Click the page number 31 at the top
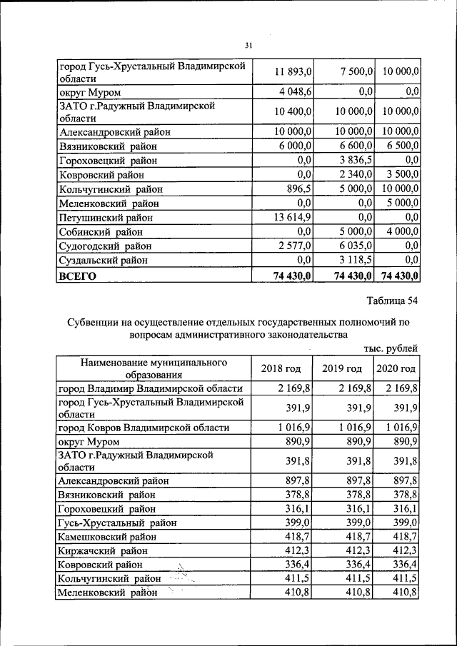tap(248, 46)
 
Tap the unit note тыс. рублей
tap(391, 348)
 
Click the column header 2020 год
tap(396, 368)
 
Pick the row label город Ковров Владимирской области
tap(143, 428)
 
